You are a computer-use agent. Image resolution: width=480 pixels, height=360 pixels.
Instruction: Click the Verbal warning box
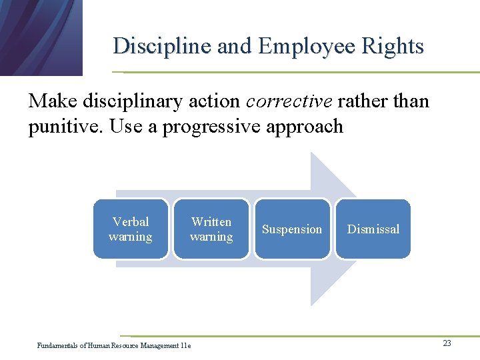[x=130, y=229]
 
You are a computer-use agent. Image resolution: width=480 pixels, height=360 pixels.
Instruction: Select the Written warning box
[x=211, y=229]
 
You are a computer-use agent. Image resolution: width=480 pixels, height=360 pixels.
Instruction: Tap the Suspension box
[x=292, y=229]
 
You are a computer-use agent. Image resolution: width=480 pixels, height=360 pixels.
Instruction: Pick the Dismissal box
[x=373, y=229]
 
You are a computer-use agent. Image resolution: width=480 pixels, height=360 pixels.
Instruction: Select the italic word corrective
[x=289, y=101]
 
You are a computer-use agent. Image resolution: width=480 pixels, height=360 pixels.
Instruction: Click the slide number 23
[x=447, y=343]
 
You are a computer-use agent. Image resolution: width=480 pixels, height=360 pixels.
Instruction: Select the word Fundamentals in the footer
[x=57, y=345]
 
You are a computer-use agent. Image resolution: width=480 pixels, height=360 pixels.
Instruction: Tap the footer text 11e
[x=185, y=345]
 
